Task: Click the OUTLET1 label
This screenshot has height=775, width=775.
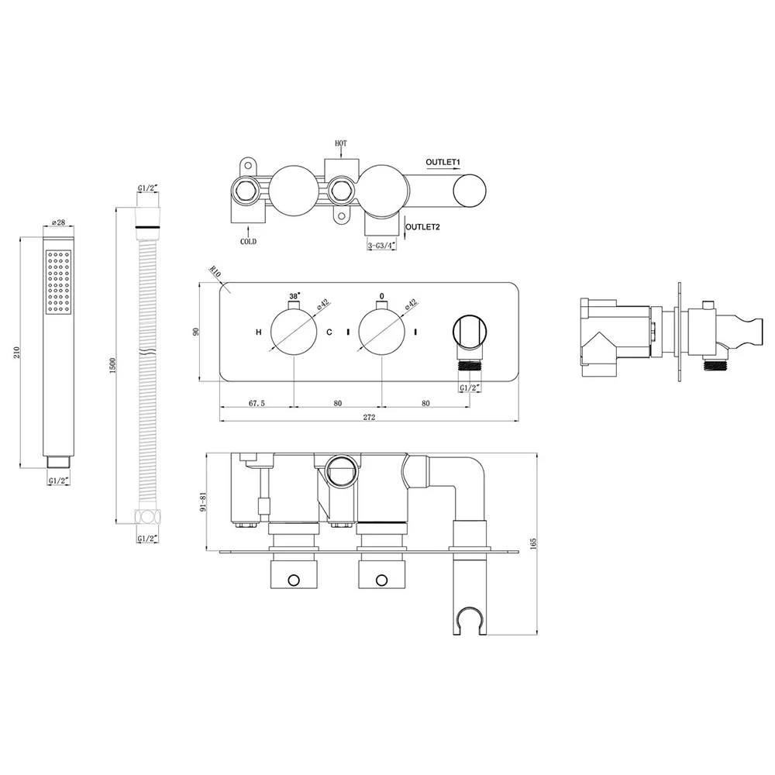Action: (x=443, y=162)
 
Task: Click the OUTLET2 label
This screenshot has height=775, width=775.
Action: (x=422, y=227)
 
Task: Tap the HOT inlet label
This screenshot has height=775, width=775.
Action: (x=341, y=143)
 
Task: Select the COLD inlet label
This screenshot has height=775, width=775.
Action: (x=248, y=242)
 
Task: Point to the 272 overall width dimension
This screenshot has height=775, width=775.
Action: (x=369, y=417)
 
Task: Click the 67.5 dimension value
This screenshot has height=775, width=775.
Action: (x=257, y=403)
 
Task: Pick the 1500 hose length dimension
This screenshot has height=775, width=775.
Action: (x=112, y=366)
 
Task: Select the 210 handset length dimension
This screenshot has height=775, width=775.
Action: (x=17, y=352)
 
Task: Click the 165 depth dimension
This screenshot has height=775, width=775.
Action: (x=532, y=544)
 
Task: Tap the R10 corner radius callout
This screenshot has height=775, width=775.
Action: (x=215, y=271)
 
